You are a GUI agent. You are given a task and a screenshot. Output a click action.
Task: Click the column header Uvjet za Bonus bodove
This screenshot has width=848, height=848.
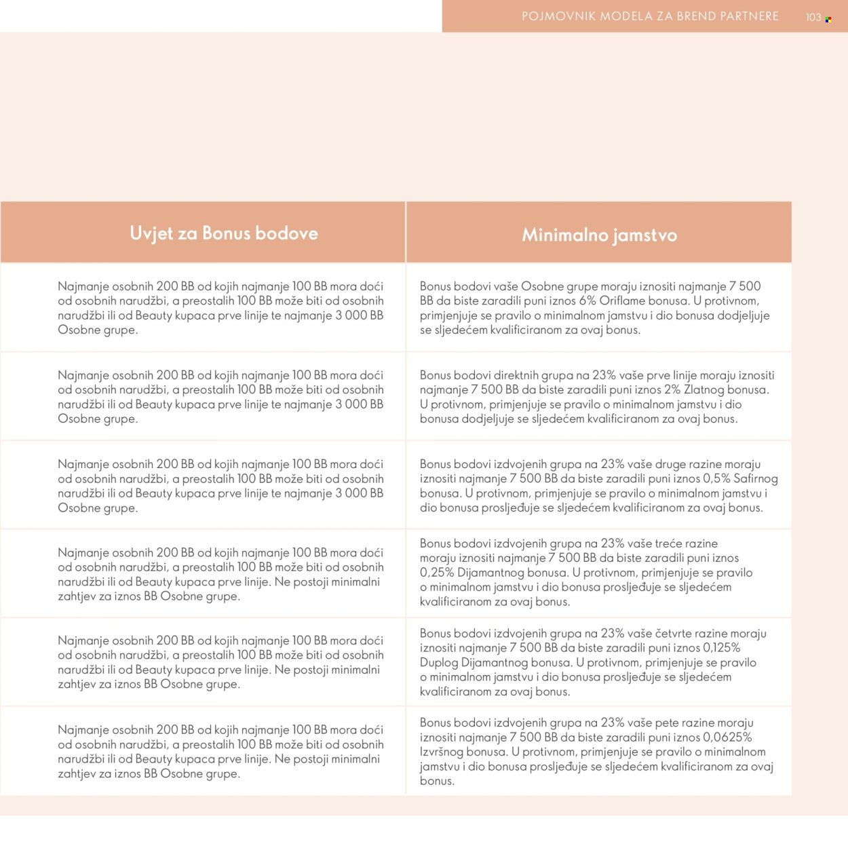pyautogui.click(x=224, y=233)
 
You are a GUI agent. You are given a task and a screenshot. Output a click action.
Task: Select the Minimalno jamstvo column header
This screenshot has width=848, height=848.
pyautogui.click(x=599, y=235)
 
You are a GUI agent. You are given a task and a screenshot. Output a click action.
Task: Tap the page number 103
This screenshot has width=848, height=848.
pyautogui.click(x=813, y=17)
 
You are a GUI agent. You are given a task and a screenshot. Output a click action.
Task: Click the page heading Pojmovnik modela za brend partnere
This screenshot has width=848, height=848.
pyautogui.click(x=650, y=16)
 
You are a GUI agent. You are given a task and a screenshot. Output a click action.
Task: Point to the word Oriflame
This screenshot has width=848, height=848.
pyautogui.click(x=623, y=301)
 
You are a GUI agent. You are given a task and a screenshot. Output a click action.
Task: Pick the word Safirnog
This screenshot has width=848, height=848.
pyautogui.click(x=755, y=479)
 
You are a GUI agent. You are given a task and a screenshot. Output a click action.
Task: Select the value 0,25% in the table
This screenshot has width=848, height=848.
pyautogui.click(x=437, y=573)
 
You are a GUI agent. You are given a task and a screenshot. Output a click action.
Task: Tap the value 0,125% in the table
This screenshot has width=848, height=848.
pyautogui.click(x=722, y=648)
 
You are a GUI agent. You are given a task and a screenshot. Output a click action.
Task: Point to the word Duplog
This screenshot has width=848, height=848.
pyautogui.click(x=439, y=663)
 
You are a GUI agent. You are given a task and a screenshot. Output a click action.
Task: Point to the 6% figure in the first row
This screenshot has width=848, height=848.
pyautogui.click(x=587, y=301)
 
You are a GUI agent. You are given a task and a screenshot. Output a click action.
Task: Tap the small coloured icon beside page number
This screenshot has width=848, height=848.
pyautogui.click(x=828, y=20)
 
